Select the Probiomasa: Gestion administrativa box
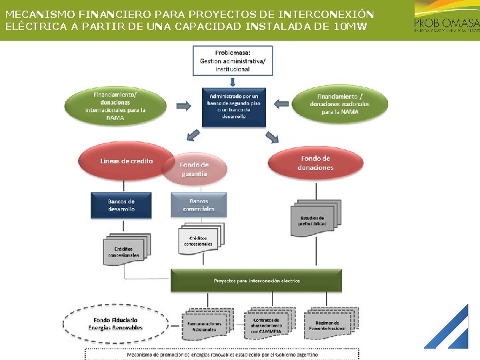[233, 60]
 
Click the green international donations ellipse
[115, 105]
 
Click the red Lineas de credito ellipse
[126, 162]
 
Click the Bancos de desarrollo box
[121, 205]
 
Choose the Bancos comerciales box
[199, 205]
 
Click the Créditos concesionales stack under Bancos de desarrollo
[127, 249]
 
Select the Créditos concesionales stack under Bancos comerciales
[199, 241]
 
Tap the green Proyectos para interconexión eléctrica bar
[256, 281]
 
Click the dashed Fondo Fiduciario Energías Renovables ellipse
[115, 324]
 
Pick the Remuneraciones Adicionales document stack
[205, 325]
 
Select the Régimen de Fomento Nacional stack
[327, 325]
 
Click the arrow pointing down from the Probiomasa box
[233, 81]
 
